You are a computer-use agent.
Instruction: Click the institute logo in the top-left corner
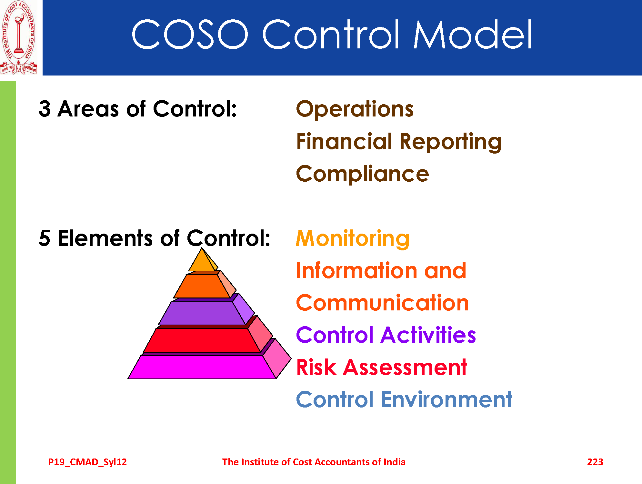pyautogui.click(x=19, y=38)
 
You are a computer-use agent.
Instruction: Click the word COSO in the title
pyautogui.click(x=190, y=34)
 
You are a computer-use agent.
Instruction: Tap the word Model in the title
pyautogui.click(x=473, y=34)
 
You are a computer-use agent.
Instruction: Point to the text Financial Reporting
pyautogui.click(x=399, y=142)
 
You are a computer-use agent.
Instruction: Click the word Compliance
pyautogui.click(x=362, y=174)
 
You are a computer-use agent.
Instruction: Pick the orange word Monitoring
pyautogui.click(x=353, y=238)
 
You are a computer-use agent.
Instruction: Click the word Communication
pyautogui.click(x=382, y=303)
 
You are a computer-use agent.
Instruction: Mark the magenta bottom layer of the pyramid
pyautogui.click(x=203, y=367)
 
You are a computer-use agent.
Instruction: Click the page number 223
pyautogui.click(x=595, y=462)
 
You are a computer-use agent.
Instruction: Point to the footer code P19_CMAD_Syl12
pyautogui.click(x=87, y=462)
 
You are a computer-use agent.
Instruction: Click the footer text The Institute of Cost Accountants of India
pyautogui.click(x=314, y=462)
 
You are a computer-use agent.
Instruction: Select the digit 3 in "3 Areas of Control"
pyautogui.click(x=45, y=109)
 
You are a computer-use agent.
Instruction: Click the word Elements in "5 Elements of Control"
pyautogui.click(x=105, y=238)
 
